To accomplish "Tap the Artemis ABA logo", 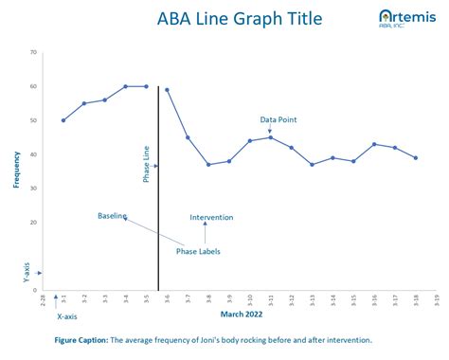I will pos(402,18).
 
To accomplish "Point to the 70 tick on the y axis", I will pos(33,52).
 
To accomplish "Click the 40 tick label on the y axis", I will pos(33,154).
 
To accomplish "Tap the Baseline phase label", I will pos(112,216).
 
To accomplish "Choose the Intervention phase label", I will pos(211,217).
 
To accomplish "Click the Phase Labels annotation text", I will pos(198,251).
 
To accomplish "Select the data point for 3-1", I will pos(63,120).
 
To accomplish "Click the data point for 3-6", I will pos(167,90).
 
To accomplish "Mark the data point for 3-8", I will pos(208,165).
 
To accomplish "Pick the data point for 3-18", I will pos(415,158).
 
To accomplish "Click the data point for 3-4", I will pos(125,86).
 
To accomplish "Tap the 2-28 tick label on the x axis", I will pos(43,300).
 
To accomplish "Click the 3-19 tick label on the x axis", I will pos(436,300).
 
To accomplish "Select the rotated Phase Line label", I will pos(145,165).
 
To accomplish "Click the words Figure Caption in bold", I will pos(81,339).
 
